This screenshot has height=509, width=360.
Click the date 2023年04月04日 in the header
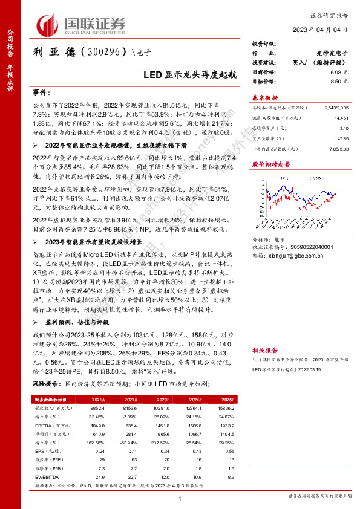pos(327,30)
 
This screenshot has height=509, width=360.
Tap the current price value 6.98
pos(336,72)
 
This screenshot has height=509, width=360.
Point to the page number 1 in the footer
pos(180,497)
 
